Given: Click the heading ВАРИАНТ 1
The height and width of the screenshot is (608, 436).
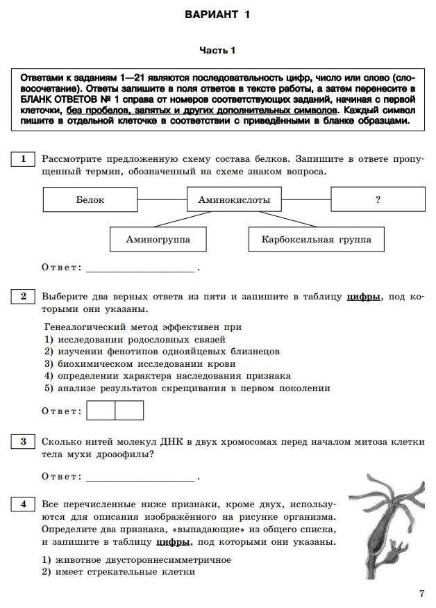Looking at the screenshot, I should click(x=217, y=15).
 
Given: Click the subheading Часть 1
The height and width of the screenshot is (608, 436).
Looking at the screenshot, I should click(x=217, y=50).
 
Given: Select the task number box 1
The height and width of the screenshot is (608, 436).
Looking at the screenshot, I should click(x=23, y=159).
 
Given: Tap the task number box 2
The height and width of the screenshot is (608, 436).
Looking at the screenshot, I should click(x=23, y=297).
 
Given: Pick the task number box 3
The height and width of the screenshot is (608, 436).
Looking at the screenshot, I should click(x=23, y=442).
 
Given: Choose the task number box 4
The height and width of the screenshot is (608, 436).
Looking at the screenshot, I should click(x=23, y=504).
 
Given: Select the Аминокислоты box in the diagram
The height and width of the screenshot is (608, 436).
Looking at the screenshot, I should click(x=234, y=199).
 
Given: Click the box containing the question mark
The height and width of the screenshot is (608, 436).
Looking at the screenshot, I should click(x=378, y=199).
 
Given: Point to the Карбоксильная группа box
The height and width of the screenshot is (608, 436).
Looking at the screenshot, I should click(x=316, y=240).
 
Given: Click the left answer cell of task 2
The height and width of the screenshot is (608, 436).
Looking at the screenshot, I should click(x=101, y=411).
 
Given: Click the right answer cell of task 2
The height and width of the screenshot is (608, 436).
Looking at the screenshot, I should click(x=129, y=411).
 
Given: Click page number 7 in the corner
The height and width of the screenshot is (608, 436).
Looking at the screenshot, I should click(x=421, y=593).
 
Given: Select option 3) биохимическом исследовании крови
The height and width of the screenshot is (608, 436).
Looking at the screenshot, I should click(x=140, y=363).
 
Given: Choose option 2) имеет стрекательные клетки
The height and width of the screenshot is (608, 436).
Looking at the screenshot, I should click(x=119, y=572).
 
